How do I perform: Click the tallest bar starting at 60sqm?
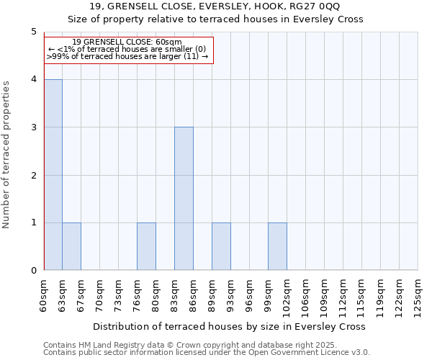pos(53,175)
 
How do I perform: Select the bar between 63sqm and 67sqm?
pos(71,246)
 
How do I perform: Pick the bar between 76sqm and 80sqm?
pos(146,246)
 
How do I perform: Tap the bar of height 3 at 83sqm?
pos(184,199)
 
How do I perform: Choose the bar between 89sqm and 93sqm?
pos(221,246)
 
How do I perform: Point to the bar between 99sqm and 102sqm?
pos(277,246)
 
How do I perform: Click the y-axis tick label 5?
pos(33,32)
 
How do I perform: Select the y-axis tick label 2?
pos(33,175)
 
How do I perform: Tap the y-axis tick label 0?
pos(33,271)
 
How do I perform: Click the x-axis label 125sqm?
pos(418,296)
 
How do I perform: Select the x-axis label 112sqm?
pos(343,296)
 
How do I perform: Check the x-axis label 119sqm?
pos(381,296)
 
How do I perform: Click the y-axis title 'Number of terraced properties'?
pos(6,155)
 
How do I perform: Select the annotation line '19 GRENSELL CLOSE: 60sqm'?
pos(127,42)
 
